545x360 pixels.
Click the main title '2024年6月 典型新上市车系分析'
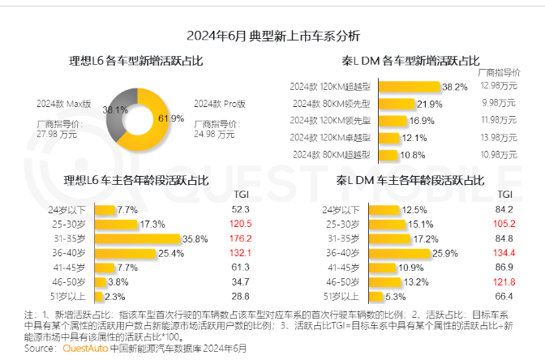pyautogui.click(x=272, y=36)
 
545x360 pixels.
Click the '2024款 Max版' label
pyautogui.click(x=63, y=104)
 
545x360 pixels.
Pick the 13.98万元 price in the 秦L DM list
pyautogui.click(x=498, y=137)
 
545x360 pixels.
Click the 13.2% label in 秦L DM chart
pyautogui.click(x=419, y=281)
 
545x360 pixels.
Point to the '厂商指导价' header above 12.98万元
pyautogui.click(x=499, y=74)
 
